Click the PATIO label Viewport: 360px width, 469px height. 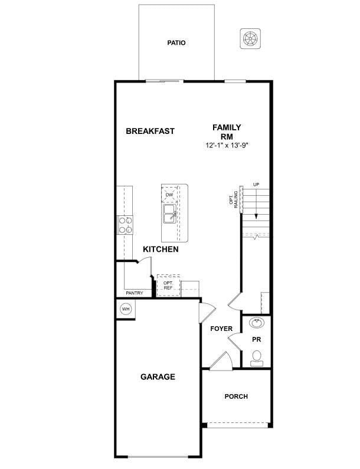pos(176,43)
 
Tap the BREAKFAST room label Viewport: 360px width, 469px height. pos(150,131)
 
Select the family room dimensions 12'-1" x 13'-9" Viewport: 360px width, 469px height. pos(227,145)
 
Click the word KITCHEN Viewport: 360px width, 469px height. pos(161,250)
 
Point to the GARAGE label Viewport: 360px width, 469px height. pos(158,377)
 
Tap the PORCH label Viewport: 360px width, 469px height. pos(236,396)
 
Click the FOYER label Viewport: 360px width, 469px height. pos(221,329)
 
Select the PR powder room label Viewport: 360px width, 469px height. pos(257,340)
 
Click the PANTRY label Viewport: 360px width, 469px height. pos(135,293)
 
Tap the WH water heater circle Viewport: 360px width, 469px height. pos(126,309)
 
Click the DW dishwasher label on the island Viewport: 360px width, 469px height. pos(169,195)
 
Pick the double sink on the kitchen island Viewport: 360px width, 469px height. pos(169,213)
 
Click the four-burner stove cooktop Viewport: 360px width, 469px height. pos(125,225)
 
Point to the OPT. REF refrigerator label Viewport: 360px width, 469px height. pos(168,286)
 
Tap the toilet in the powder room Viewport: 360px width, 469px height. pos(257,358)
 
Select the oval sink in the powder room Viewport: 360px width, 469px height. pos(257,323)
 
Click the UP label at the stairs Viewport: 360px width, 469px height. pos(256,185)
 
